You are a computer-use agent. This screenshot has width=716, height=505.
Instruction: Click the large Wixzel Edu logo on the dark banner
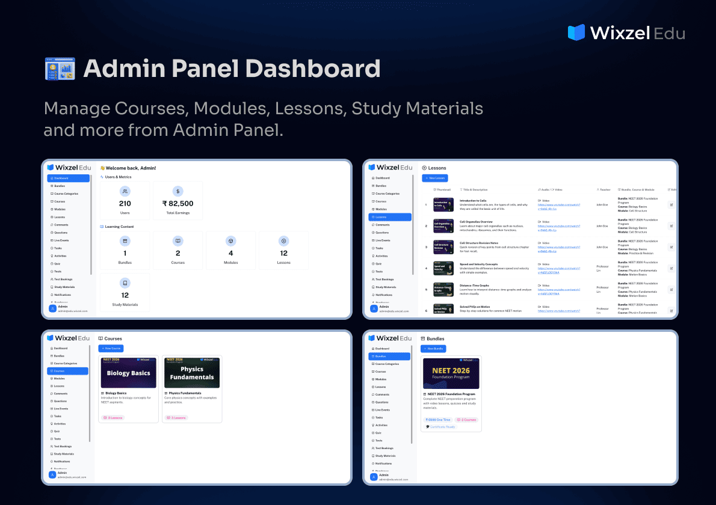click(626, 32)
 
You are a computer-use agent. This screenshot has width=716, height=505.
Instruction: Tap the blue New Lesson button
click(435, 178)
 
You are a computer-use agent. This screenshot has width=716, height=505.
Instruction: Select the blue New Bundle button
click(434, 349)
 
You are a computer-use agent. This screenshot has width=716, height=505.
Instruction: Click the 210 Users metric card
click(125, 200)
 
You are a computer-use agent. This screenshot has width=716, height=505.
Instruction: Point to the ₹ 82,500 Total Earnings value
click(177, 204)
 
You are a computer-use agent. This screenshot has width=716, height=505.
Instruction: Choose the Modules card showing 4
click(230, 250)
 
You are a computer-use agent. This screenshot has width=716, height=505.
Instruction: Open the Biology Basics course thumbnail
click(128, 373)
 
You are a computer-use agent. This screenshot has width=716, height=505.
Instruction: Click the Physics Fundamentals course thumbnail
click(192, 373)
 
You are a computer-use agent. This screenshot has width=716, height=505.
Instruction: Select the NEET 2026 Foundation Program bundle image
click(451, 373)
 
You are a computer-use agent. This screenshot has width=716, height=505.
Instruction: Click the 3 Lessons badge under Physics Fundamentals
click(178, 418)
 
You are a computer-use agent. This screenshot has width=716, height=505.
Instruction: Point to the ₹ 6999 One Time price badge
click(438, 420)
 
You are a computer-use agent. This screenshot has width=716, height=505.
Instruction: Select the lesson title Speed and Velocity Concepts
click(478, 264)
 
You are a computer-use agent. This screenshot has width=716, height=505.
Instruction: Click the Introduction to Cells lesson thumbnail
click(443, 204)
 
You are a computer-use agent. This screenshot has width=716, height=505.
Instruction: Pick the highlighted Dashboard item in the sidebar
click(68, 178)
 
